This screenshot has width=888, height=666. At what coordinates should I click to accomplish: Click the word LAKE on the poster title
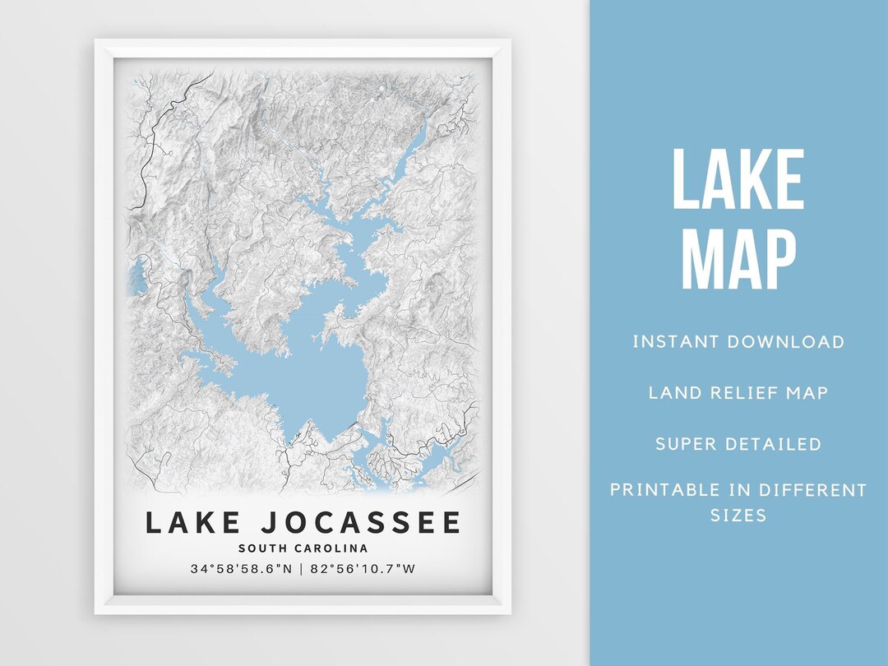[x=193, y=523]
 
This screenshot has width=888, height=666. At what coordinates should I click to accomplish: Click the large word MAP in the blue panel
[x=738, y=260]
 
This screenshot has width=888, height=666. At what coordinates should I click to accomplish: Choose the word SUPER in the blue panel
[x=686, y=444]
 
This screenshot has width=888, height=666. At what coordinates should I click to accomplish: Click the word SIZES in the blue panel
[x=738, y=516]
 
